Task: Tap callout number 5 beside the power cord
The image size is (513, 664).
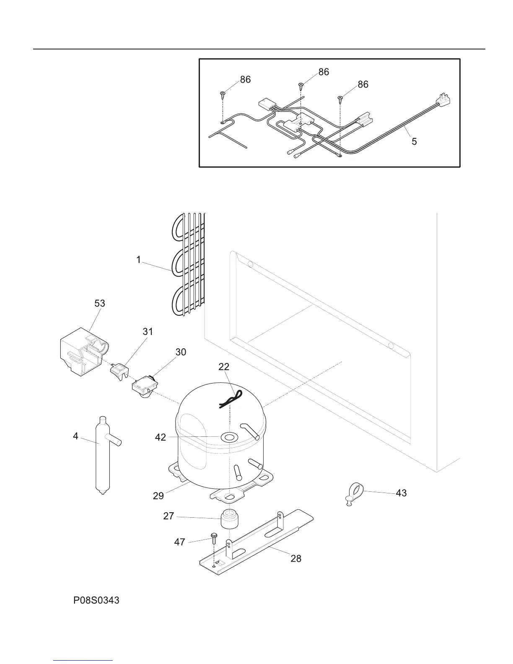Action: pyautogui.click(x=414, y=142)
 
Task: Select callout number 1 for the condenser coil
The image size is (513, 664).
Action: pyautogui.click(x=138, y=260)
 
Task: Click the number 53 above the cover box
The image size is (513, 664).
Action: pyautogui.click(x=100, y=303)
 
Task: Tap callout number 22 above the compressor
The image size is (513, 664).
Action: pyautogui.click(x=224, y=367)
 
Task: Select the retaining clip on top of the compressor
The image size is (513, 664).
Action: pyautogui.click(x=231, y=399)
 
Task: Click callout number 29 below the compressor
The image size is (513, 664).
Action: pyautogui.click(x=158, y=496)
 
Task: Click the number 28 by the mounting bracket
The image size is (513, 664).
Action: pyautogui.click(x=296, y=559)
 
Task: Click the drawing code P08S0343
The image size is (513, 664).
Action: pyautogui.click(x=96, y=601)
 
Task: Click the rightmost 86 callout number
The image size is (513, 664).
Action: pyautogui.click(x=363, y=84)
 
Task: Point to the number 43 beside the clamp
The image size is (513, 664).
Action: pyautogui.click(x=401, y=493)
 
